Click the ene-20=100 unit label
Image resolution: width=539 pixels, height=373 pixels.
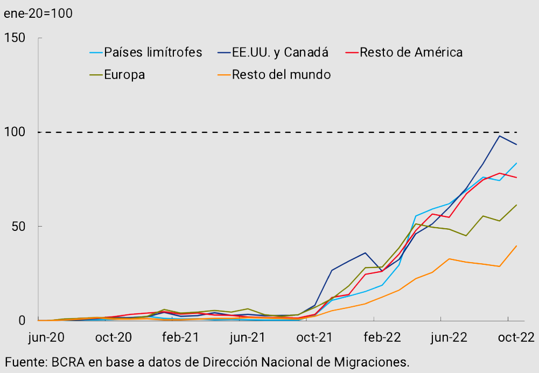38,13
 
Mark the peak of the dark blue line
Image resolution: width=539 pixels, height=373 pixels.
500,136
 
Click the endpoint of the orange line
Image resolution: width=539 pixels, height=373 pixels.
517,246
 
